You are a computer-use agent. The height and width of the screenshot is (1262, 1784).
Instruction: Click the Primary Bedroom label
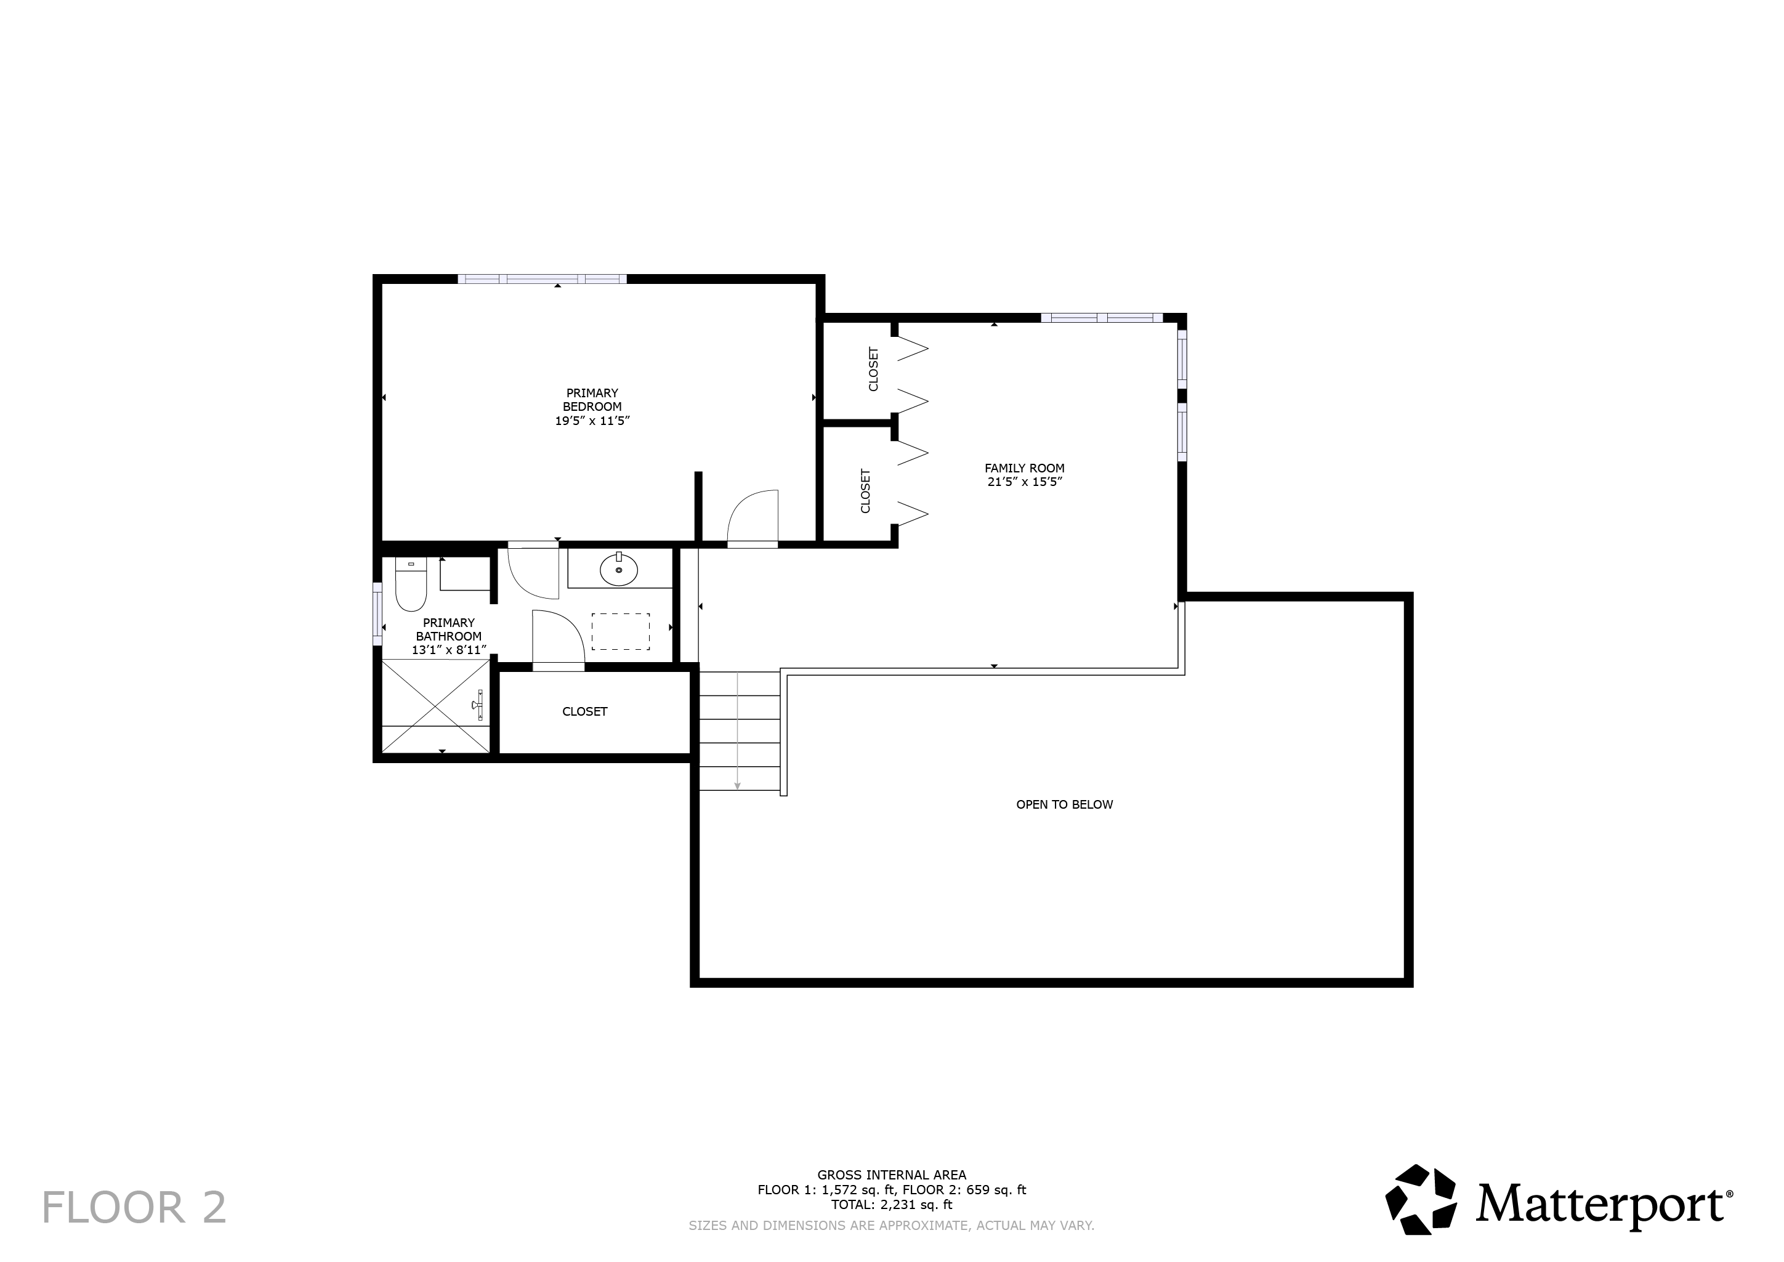pyautogui.click(x=592, y=407)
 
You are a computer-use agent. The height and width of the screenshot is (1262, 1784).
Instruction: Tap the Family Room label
pyautogui.click(x=1024, y=475)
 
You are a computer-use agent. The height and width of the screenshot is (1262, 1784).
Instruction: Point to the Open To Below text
pyautogui.click(x=1065, y=804)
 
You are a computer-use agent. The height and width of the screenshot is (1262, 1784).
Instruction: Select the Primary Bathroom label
pyautogui.click(x=449, y=636)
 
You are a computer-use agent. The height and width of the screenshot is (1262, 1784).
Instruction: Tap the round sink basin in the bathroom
pyautogui.click(x=618, y=571)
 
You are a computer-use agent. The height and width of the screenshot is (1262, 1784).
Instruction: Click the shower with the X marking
pyautogui.click(x=436, y=706)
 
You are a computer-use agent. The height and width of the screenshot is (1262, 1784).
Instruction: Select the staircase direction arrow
pyautogui.click(x=737, y=730)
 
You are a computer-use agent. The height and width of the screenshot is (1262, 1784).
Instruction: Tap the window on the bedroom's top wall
pyautogui.click(x=543, y=279)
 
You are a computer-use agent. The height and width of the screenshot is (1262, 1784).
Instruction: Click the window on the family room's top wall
pyautogui.click(x=1102, y=317)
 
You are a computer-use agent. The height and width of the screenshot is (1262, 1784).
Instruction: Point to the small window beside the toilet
pyautogui.click(x=377, y=614)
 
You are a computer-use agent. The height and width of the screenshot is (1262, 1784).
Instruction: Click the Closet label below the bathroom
pyautogui.click(x=585, y=712)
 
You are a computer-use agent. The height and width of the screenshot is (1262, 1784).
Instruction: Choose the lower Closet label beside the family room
pyautogui.click(x=866, y=490)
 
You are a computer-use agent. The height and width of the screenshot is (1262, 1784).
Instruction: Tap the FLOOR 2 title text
pyautogui.click(x=134, y=1208)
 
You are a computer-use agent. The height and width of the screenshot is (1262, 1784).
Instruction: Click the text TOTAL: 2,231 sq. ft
pyautogui.click(x=892, y=1205)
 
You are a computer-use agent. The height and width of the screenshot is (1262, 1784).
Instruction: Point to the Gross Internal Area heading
pyautogui.click(x=892, y=1175)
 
